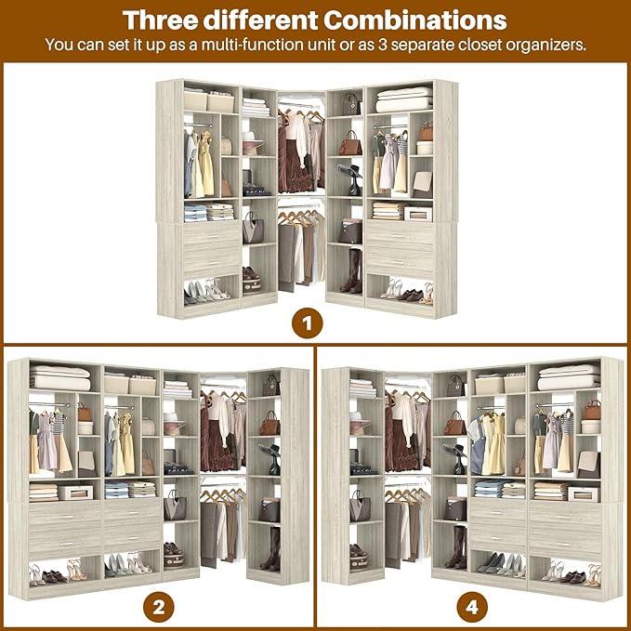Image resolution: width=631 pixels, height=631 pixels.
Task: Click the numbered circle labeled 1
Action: (308, 324)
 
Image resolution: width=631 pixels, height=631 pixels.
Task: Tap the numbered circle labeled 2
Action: (158, 609)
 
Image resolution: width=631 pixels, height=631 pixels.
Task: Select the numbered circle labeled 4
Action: (472, 609)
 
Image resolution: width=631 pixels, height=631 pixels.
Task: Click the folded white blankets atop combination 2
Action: (59, 377)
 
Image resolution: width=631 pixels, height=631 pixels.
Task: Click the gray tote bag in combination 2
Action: (175, 505)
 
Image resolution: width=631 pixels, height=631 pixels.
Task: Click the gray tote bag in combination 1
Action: (253, 228)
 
